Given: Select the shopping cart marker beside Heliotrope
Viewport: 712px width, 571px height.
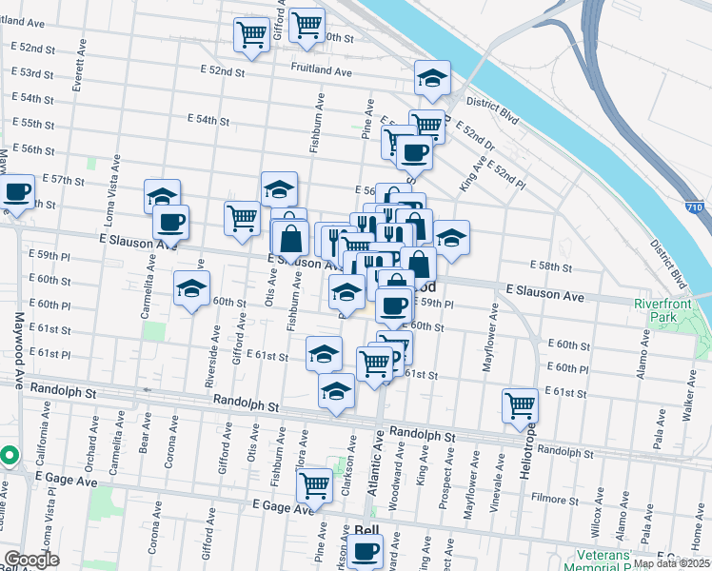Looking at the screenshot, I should (520, 405).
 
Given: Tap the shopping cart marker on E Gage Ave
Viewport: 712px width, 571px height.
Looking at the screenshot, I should (314, 485).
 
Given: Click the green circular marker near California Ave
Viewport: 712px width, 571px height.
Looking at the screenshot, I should (8, 456).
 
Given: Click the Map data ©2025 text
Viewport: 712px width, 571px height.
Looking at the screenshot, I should (672, 563).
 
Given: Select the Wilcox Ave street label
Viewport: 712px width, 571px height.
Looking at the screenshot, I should (596, 533).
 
